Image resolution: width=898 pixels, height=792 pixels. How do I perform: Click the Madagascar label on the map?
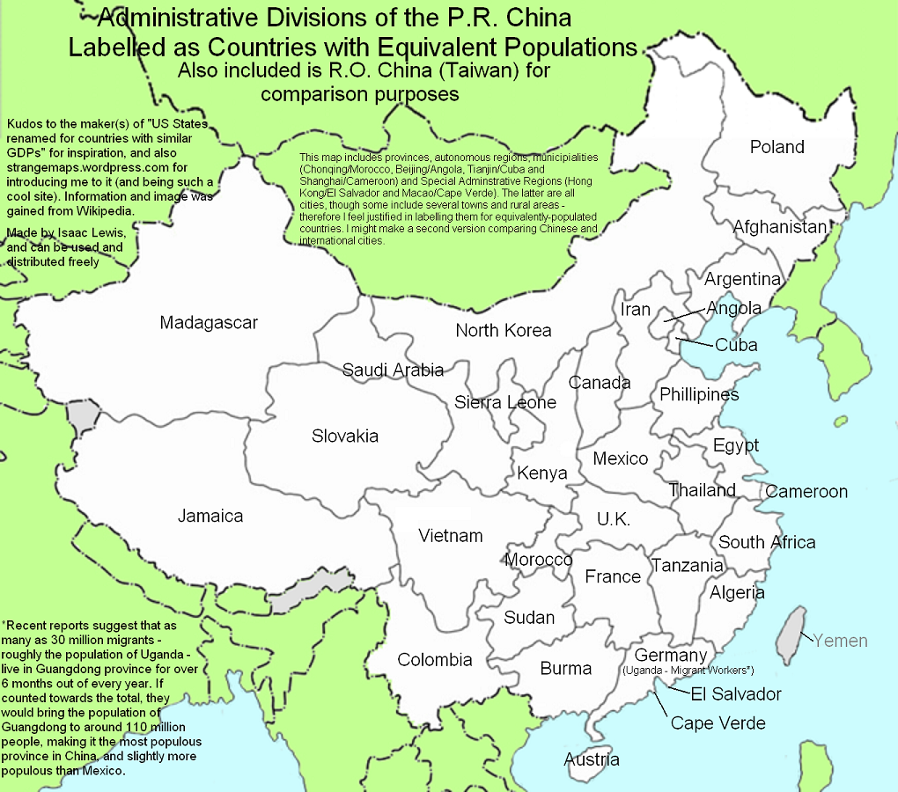(x=209, y=323)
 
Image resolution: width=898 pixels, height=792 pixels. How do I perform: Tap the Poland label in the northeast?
(x=777, y=147)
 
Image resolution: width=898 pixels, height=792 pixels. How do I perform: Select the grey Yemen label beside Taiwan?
(x=840, y=641)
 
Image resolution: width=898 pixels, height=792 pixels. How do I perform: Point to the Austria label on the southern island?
(x=592, y=759)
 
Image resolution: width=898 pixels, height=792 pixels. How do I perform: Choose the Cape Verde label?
(x=718, y=723)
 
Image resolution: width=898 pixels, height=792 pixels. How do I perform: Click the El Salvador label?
(x=735, y=694)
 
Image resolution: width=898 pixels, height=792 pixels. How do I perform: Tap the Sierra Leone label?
(x=505, y=402)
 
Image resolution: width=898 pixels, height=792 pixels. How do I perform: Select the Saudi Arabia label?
(x=393, y=370)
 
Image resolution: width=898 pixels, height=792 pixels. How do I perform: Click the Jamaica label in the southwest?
(x=210, y=517)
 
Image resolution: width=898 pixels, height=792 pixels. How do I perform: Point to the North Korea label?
(x=503, y=330)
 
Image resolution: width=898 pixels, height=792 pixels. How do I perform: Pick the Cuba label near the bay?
(x=736, y=345)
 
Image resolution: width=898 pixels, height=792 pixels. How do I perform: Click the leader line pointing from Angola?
(x=684, y=314)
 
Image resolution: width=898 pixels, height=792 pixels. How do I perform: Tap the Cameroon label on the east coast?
(x=806, y=492)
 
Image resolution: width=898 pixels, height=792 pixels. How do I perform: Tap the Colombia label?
(x=435, y=660)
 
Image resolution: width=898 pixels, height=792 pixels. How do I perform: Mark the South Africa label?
(x=767, y=542)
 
